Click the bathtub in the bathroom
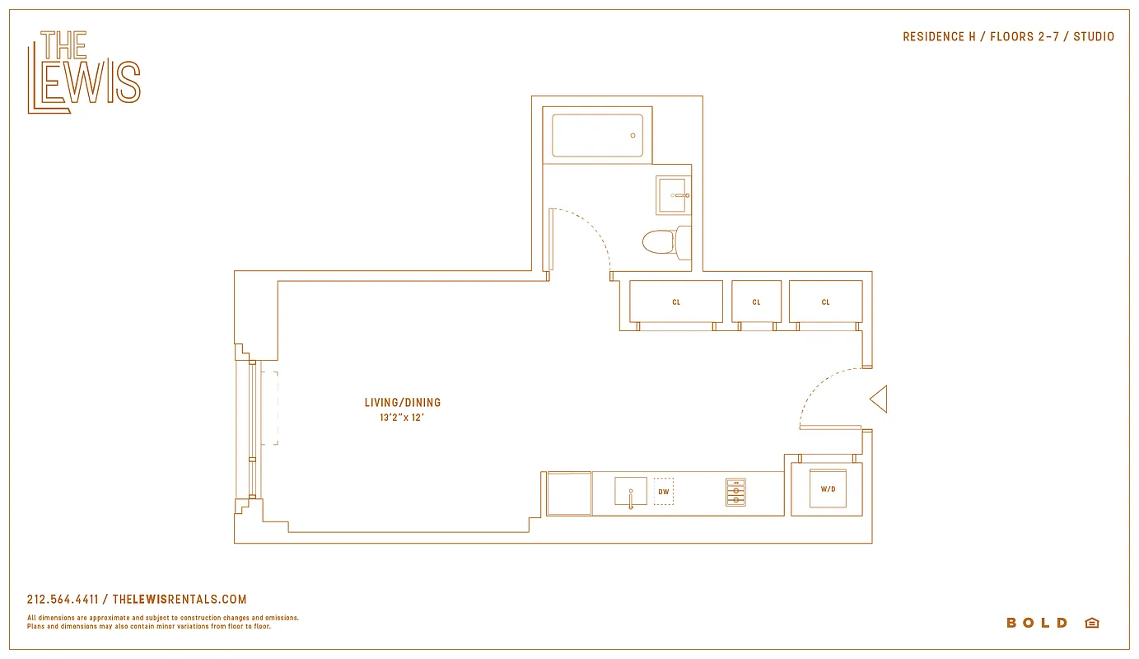(x=596, y=136)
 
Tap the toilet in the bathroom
(x=660, y=241)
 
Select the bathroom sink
(x=673, y=195)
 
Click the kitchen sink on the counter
(x=630, y=492)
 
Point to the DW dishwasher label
(x=664, y=493)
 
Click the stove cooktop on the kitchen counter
(x=735, y=492)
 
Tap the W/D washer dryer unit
(x=827, y=489)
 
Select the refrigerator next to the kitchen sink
(x=569, y=493)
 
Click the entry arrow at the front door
(x=879, y=400)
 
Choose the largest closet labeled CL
(x=675, y=301)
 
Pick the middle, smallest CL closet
(x=756, y=301)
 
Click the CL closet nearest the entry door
(x=825, y=301)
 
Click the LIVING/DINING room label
(x=403, y=403)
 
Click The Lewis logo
(x=83, y=72)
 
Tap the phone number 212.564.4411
(x=63, y=600)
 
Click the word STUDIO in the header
(x=1093, y=37)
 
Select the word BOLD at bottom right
(x=1037, y=623)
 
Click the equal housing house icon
(x=1092, y=623)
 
